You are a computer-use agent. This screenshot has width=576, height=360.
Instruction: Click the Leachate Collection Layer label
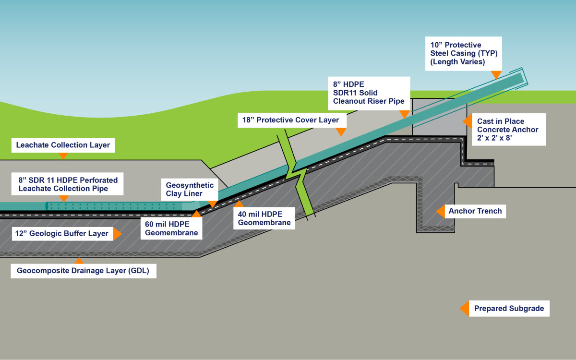pos(63,145)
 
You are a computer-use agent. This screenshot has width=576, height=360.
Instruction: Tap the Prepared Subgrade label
pos(509,309)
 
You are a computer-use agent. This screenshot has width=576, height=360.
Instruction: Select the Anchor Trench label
pos(475,211)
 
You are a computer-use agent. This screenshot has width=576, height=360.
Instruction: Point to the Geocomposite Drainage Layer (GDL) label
pos(83,271)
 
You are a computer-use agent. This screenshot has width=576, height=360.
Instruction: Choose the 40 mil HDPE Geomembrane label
pos(264,218)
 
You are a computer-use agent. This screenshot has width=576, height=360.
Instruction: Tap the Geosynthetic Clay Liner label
pos(190,189)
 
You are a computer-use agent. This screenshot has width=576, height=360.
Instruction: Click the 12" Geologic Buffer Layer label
pos(60,234)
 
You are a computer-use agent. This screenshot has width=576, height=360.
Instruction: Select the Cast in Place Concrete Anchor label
pos(508,130)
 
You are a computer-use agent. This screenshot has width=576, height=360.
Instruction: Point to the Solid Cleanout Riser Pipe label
pos(369,93)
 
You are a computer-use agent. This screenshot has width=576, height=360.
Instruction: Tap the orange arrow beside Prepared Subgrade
pos(464,309)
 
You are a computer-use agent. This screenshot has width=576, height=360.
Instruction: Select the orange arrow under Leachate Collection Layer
pos(63,156)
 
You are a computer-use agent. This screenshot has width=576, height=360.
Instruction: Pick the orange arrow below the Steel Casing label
pos(496,74)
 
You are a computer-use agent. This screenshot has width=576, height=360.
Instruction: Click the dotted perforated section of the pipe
pos(115,206)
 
